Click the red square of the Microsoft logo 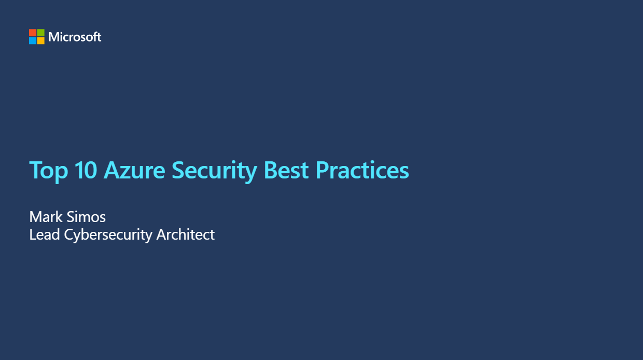pos(33,33)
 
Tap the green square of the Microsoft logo pos(40,33)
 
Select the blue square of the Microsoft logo pos(33,40)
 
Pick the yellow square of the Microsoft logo pos(40,40)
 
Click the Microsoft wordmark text pos(75,37)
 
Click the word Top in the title pos(48,171)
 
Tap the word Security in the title pos(215,171)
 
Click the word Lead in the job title pos(45,234)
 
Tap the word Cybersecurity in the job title pos(108,235)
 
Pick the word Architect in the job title pos(186,234)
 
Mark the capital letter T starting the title pos(35,170)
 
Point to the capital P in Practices pos(322,170)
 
